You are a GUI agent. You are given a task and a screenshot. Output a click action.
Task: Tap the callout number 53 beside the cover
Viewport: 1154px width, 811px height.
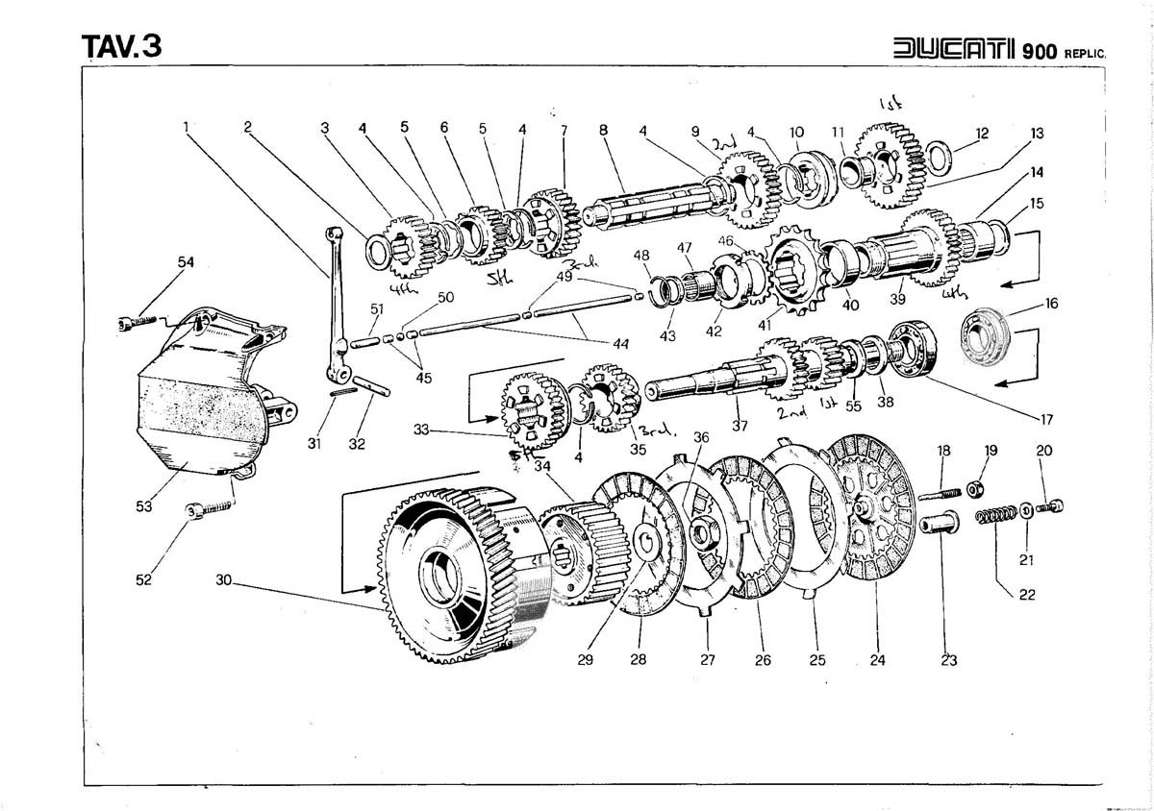click(x=143, y=506)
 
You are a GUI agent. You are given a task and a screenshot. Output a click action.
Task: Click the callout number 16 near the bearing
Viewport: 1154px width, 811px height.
click(x=1050, y=304)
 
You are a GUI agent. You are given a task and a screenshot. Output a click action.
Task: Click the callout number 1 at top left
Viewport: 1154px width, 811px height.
click(x=188, y=125)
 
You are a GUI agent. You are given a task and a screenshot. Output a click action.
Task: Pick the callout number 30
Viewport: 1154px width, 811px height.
click(x=223, y=580)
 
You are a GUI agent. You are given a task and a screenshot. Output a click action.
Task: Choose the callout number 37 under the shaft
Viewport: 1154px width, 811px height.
click(x=739, y=426)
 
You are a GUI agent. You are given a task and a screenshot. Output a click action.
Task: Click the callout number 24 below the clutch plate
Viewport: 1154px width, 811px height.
click(x=877, y=660)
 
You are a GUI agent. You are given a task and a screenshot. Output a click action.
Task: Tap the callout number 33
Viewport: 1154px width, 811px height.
click(x=420, y=431)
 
